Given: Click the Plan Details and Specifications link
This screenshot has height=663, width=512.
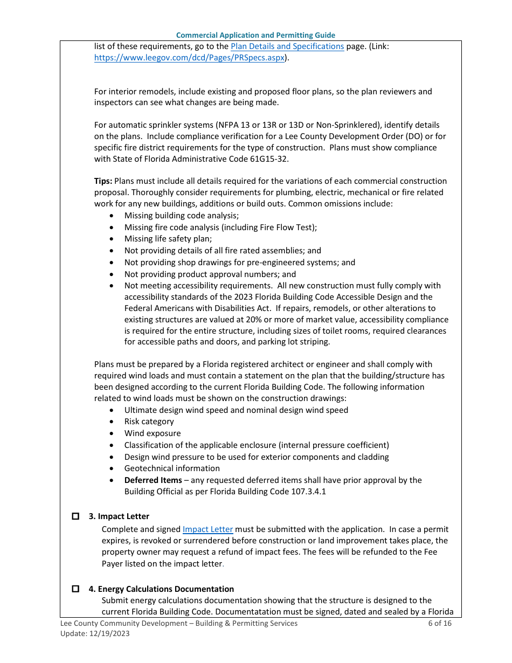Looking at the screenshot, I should pos(287,46).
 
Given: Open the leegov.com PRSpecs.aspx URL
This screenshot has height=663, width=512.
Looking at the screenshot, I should pos(189,58).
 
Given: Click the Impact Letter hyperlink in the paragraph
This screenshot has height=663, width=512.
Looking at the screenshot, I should pos(207,529).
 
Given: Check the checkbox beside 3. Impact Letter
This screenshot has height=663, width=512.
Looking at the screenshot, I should pos(76,516).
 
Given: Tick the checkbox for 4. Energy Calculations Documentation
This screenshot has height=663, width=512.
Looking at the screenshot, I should pos(76,589).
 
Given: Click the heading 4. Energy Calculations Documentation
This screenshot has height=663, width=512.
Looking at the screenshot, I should pos(161,589).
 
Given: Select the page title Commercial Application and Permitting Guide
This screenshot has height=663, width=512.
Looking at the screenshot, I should pos(255,35).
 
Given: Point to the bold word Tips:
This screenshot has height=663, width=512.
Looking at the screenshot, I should pos(103,181).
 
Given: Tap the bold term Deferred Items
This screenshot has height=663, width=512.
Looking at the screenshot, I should pos(153,480).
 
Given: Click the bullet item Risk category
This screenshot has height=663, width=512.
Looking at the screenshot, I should pos(149,422).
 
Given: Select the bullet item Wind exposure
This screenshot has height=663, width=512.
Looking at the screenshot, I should pos(153,433).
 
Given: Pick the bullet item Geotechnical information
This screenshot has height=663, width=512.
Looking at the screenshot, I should pos(172,468).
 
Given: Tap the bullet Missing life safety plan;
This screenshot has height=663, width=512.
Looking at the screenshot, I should pos(168,239).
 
